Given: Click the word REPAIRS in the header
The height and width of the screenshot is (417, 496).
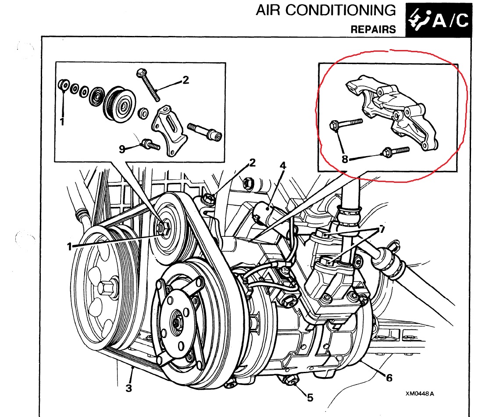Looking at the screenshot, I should (373, 30).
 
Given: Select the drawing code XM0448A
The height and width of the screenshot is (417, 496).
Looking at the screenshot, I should (420, 393).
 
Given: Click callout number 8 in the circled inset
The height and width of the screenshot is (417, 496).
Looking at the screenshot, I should (345, 159).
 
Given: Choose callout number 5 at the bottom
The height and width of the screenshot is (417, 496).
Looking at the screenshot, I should (310, 398).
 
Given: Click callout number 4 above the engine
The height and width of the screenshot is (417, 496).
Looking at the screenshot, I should (283, 166).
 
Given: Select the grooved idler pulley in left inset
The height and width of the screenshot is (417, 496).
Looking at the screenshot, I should (119, 103).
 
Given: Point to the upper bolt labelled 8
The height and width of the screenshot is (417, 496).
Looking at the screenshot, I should (346, 124).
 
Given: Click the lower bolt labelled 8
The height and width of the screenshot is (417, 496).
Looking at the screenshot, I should (396, 151).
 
